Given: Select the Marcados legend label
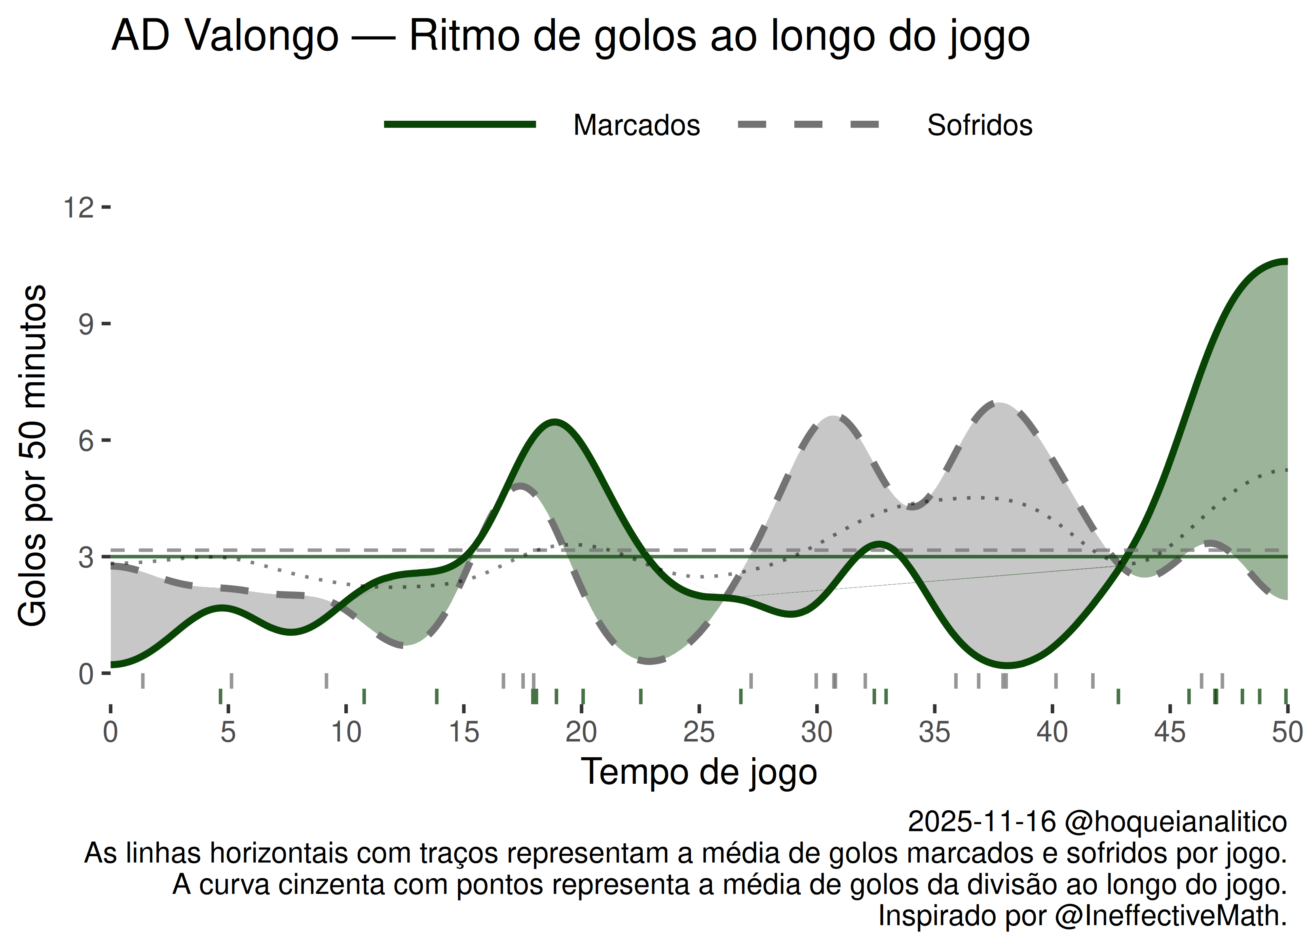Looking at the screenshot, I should (636, 125).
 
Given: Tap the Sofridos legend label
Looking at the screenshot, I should (979, 125).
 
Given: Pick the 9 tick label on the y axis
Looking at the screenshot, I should (86, 324).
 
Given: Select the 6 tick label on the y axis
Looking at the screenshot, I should (86, 441).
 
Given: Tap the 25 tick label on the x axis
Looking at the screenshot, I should (699, 733).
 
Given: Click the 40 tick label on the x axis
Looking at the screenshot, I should (1052, 733).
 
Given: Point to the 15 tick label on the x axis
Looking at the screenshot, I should (464, 733).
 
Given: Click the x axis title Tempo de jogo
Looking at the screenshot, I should (699, 772).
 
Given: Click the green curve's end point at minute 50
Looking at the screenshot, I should (1286, 262).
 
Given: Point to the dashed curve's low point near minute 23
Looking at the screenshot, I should (649, 661).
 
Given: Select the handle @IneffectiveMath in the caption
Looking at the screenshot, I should (1170, 916).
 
